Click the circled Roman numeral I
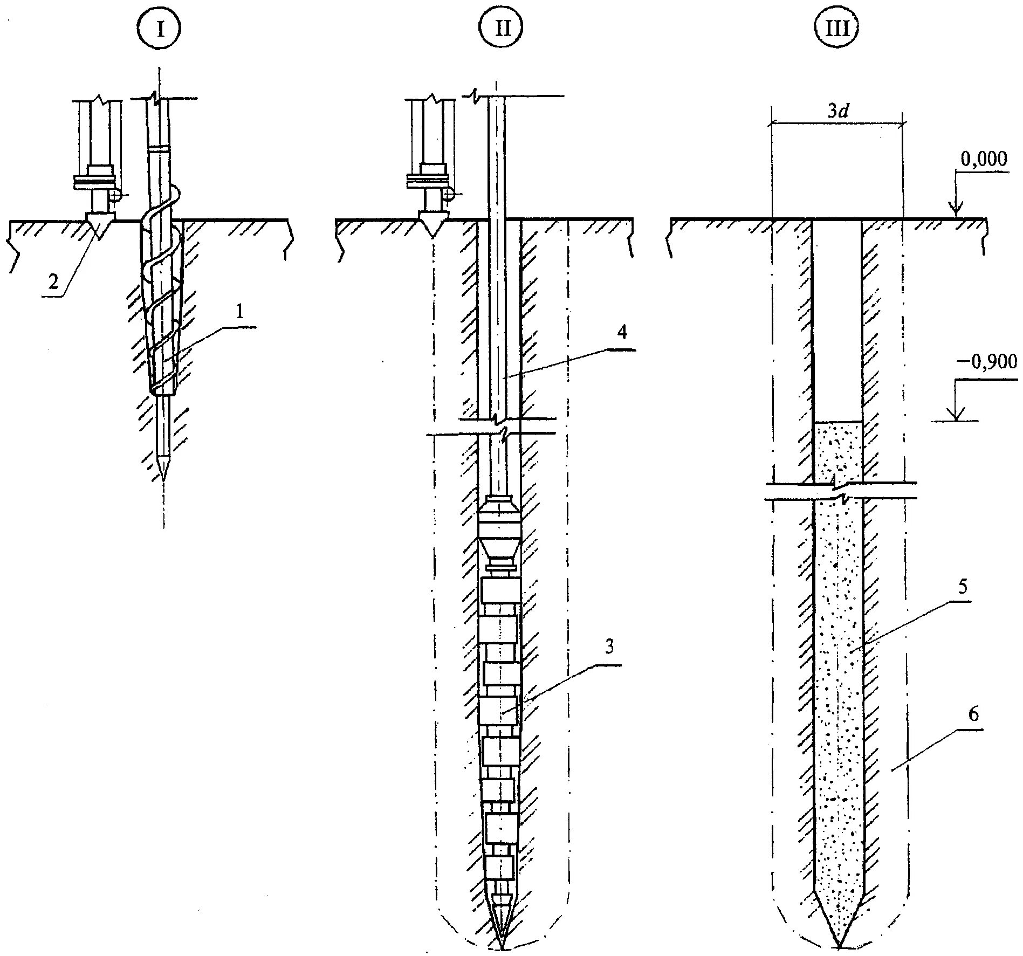(x=160, y=30)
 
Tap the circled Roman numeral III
(x=837, y=30)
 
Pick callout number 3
(x=609, y=648)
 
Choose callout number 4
(x=621, y=333)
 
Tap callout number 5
(x=963, y=586)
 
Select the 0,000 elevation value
(x=983, y=159)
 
